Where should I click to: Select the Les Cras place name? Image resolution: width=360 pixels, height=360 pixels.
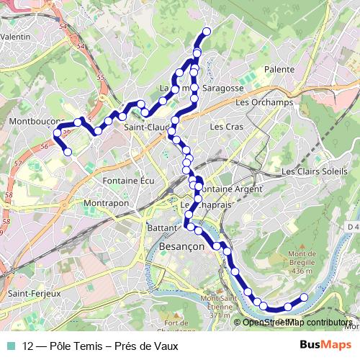click(222, 127)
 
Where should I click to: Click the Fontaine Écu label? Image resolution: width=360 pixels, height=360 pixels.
click(129, 180)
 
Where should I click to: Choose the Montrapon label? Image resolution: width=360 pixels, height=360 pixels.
click(105, 204)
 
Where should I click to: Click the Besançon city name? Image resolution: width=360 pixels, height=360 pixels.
click(181, 246)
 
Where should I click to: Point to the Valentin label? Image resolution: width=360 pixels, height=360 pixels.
click(15, 35)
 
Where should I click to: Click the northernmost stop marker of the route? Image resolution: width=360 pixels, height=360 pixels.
click(207, 31)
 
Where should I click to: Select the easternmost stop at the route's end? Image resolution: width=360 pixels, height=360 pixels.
click(304, 297)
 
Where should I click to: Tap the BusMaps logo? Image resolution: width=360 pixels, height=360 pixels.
click(326, 346)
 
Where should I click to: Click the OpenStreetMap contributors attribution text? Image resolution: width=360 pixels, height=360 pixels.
click(297, 323)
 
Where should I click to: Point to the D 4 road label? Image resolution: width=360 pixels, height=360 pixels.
click(352, 228)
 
